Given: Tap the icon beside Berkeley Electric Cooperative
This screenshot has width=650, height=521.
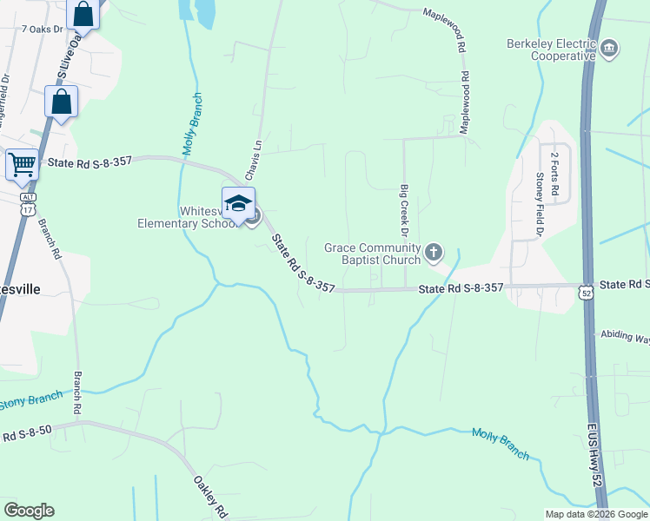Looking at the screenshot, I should pos(609,47).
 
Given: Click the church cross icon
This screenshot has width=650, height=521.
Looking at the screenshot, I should pos(434,253).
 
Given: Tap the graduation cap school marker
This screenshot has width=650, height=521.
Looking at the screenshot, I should pos(238,204).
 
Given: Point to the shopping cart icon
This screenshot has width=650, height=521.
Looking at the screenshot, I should pos(23,163).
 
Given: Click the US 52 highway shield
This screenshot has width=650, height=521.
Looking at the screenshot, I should pos(587,295).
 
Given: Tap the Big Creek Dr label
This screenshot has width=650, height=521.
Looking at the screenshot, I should pos(404,210).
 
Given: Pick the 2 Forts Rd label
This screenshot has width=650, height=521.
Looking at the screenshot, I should pos(554,172).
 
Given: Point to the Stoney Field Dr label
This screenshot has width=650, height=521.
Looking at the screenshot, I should pos(540,204).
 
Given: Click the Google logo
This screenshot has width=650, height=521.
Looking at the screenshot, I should pos(29,511).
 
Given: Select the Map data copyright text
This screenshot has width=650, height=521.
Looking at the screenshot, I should pos(595,514).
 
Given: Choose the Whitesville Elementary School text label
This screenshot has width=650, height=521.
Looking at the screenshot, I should pos(187,216).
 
